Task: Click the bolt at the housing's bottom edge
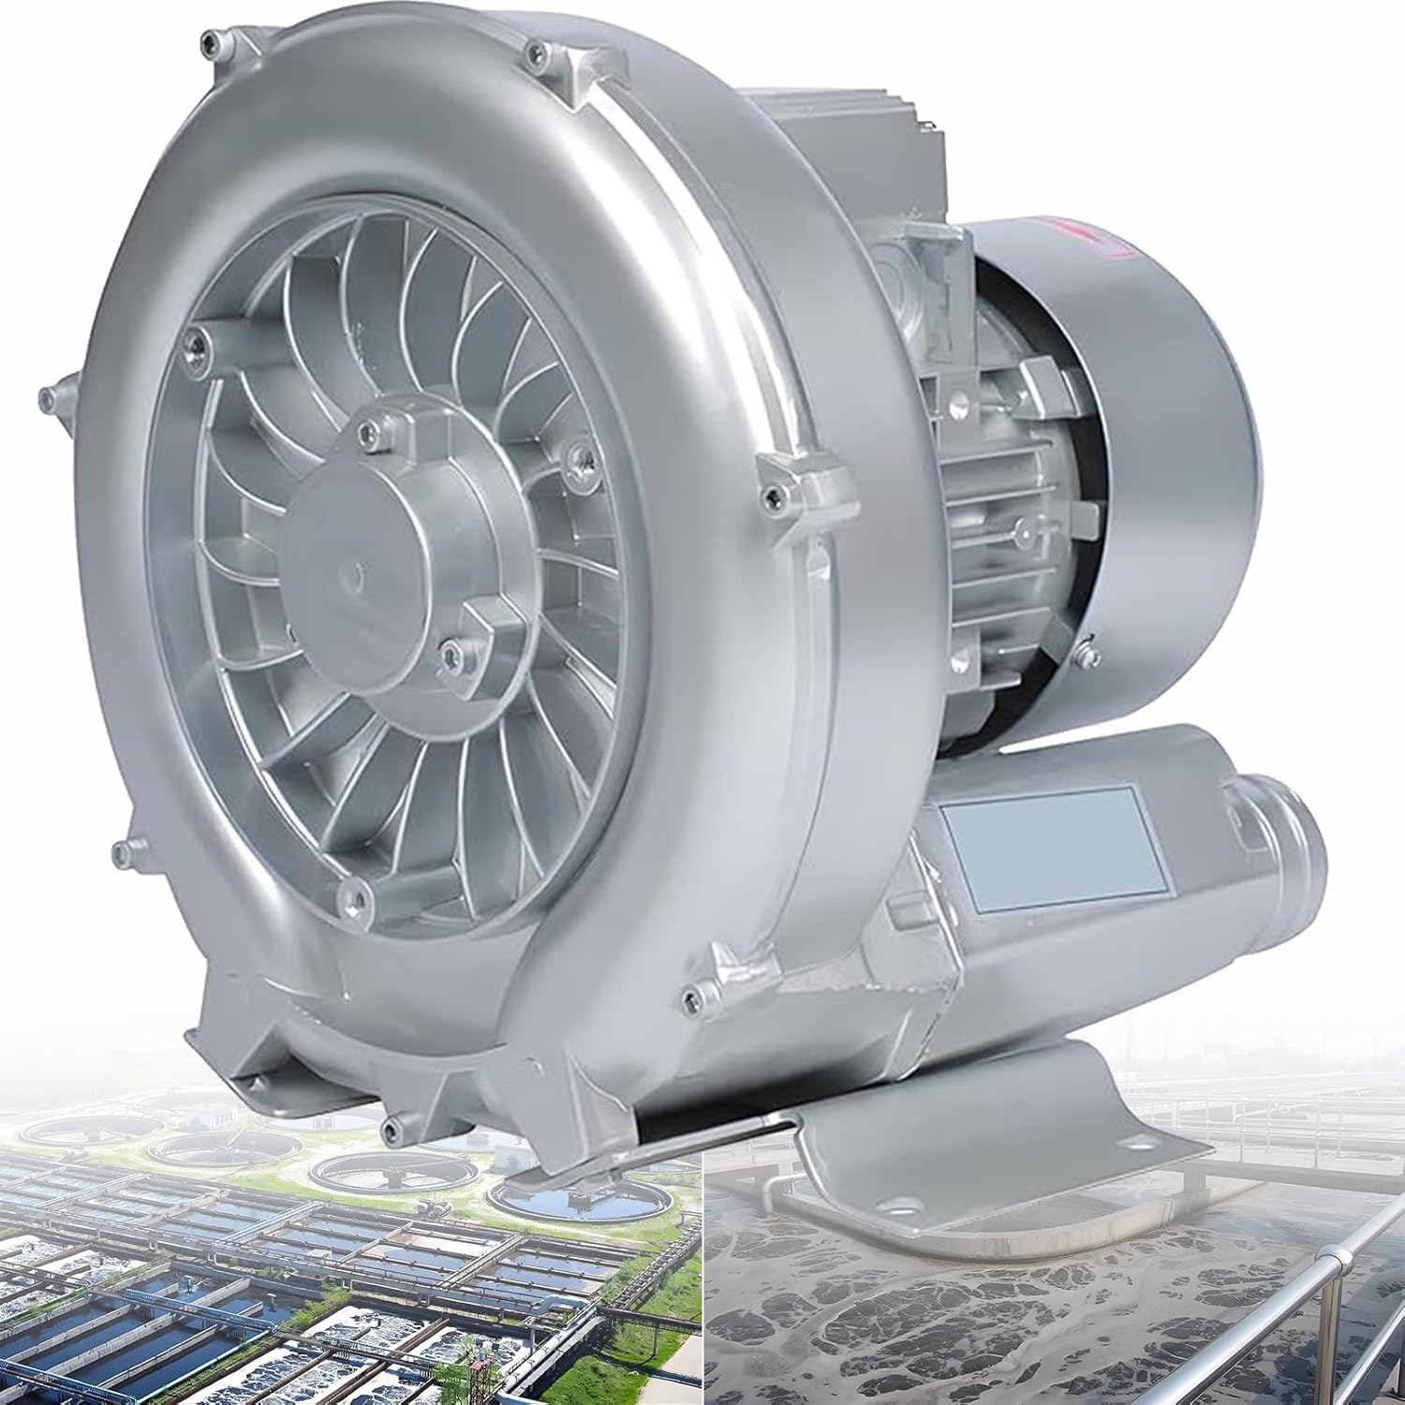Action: [x=392, y=1122]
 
